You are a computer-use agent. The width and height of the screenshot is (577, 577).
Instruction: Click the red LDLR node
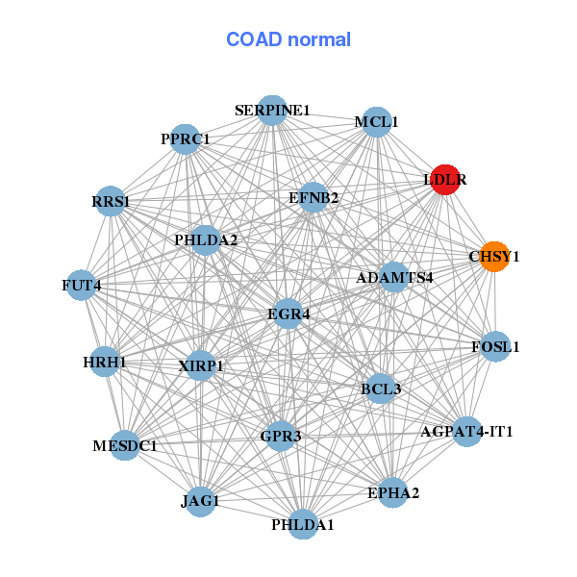(x=444, y=179)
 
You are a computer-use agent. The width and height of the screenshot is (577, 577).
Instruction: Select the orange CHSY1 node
(x=494, y=257)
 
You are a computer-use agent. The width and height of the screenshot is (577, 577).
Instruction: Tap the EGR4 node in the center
(x=288, y=314)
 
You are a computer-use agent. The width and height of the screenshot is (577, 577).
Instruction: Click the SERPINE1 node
(x=272, y=111)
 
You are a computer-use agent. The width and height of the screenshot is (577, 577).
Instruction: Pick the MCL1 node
(x=377, y=122)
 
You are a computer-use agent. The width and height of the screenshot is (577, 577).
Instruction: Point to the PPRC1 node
(x=185, y=139)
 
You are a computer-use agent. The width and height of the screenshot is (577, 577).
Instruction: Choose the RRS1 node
(x=112, y=202)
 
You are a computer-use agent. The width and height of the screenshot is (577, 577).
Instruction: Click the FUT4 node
(x=82, y=286)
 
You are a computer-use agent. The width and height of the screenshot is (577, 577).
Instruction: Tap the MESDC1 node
(x=125, y=446)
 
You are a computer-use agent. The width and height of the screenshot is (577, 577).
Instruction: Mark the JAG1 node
(x=200, y=501)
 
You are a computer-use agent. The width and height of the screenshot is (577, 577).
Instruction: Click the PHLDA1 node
(x=303, y=524)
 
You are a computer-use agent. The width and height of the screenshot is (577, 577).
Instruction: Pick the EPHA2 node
(x=393, y=493)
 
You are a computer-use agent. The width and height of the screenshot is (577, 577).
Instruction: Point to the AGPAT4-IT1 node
(x=466, y=431)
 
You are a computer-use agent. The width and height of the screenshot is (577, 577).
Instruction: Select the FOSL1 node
(x=494, y=346)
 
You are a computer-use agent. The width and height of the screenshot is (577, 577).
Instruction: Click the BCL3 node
(x=381, y=389)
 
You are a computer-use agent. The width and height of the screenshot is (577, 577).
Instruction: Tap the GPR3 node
(x=281, y=437)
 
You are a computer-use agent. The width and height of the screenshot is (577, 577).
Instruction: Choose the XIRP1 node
(x=200, y=365)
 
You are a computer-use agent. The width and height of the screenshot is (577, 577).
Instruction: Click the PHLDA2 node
(x=205, y=239)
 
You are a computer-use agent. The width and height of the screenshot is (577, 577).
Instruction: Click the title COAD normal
(x=288, y=40)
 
